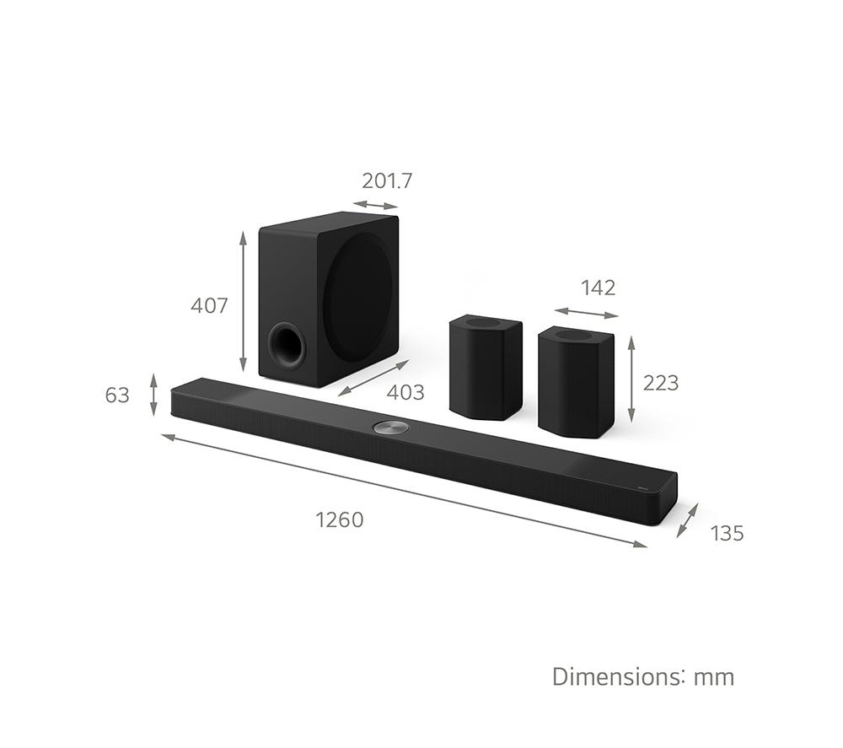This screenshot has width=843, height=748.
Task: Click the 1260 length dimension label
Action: [x=340, y=519]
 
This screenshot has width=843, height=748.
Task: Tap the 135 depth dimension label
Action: [x=727, y=533]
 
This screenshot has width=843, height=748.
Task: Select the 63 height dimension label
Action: [x=117, y=395]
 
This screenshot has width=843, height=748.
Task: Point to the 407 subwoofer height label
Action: [x=209, y=305]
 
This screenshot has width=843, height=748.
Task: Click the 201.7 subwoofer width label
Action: [x=387, y=180]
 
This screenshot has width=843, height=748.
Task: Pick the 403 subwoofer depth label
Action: [x=405, y=392]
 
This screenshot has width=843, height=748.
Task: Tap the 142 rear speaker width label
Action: [x=598, y=288]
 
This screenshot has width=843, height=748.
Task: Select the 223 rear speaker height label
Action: [x=660, y=383]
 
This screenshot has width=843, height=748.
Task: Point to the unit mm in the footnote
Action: [x=714, y=676]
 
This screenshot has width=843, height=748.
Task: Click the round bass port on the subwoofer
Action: [x=287, y=344]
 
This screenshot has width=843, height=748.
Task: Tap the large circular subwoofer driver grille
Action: [x=358, y=287]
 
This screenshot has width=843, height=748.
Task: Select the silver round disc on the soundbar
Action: [x=390, y=427]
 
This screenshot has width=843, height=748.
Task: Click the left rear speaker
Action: [x=486, y=366]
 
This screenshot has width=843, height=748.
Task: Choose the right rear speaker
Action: [x=576, y=381]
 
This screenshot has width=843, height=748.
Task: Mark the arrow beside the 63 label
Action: [x=153, y=395]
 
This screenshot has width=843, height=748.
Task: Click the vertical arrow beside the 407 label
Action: [x=243, y=302]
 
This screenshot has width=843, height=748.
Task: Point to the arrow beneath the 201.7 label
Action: [x=375, y=205]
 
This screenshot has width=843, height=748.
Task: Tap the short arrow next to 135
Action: [x=688, y=520]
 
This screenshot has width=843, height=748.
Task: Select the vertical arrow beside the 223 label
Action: [x=631, y=379]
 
